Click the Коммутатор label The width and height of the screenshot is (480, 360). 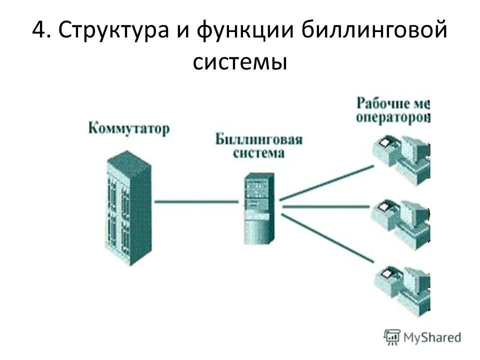[129, 128]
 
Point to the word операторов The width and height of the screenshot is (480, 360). [393, 117]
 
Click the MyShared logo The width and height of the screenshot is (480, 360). [422, 336]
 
